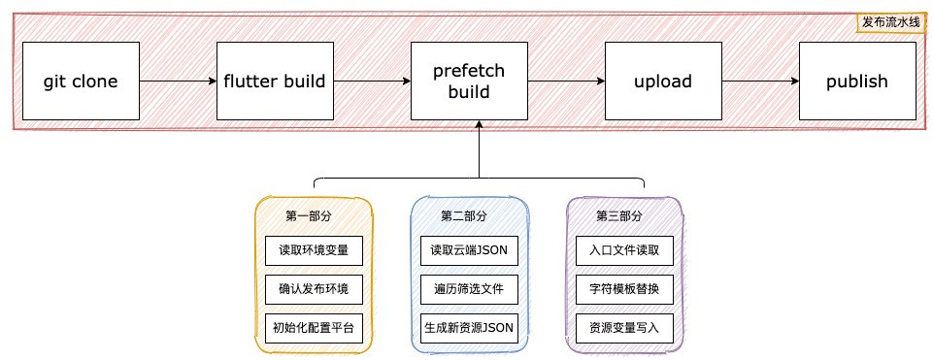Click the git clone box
pyautogui.click(x=81, y=82)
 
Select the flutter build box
pyautogui.click(x=275, y=82)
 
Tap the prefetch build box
pyautogui.click(x=469, y=82)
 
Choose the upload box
pyautogui.click(x=663, y=82)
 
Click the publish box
pyautogui.click(x=857, y=82)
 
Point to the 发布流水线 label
pyautogui.click(x=889, y=21)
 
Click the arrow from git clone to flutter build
pyautogui.click(x=178, y=82)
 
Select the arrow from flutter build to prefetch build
pyautogui.click(x=372, y=82)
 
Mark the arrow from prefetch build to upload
pyautogui.click(x=566, y=82)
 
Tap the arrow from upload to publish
pyautogui.click(x=760, y=82)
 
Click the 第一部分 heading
pyautogui.click(x=308, y=215)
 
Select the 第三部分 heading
pyautogui.click(x=618, y=215)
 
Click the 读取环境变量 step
pyautogui.click(x=314, y=250)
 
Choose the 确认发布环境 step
pyautogui.click(x=314, y=289)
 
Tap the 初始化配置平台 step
pyautogui.click(x=314, y=328)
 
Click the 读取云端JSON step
pyautogui.click(x=469, y=250)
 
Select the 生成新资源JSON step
pyautogui.click(x=469, y=328)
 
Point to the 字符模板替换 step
pyautogui.click(x=624, y=289)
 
